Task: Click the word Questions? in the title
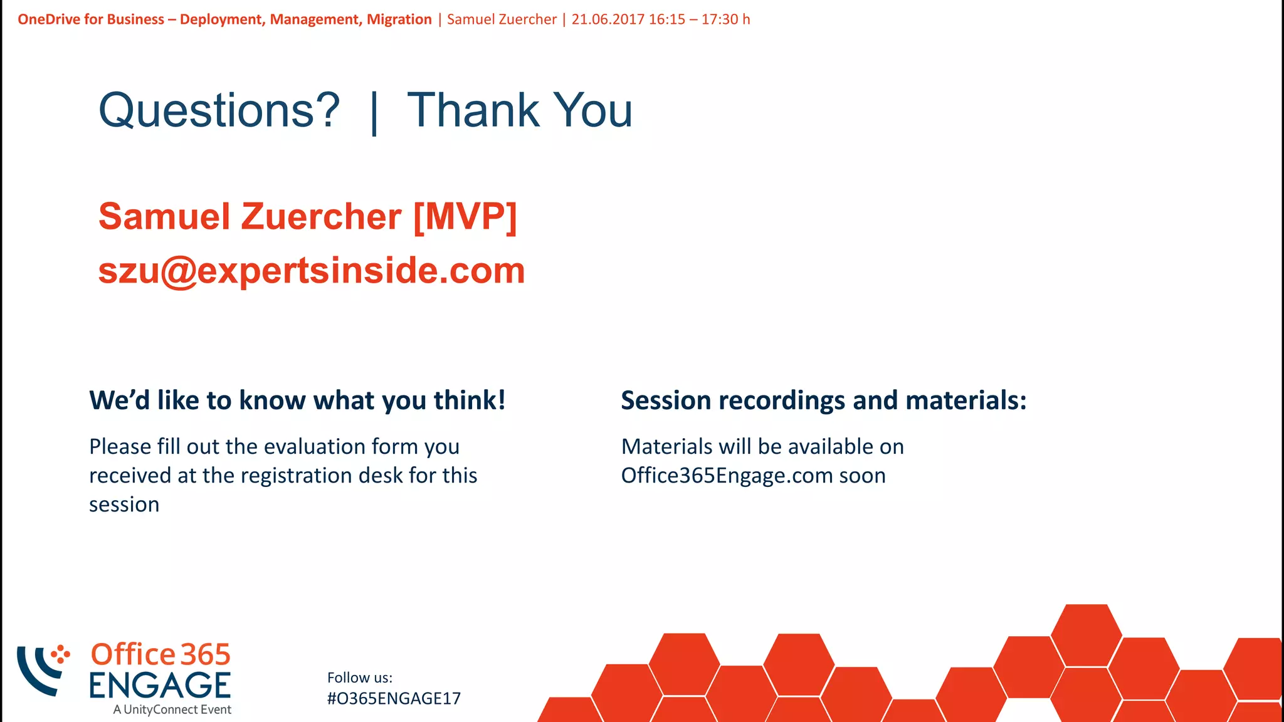(219, 110)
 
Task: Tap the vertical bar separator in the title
(374, 113)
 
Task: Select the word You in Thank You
(594, 110)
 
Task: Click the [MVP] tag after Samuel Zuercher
(465, 217)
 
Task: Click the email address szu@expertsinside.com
(312, 271)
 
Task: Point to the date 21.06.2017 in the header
(608, 19)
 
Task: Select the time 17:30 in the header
(720, 19)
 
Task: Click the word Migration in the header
(399, 19)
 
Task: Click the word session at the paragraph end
(124, 505)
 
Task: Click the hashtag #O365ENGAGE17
(394, 698)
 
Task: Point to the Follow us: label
(360, 678)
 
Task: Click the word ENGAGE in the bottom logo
(160, 685)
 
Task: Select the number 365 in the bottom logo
(206, 655)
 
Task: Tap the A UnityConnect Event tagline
(172, 709)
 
